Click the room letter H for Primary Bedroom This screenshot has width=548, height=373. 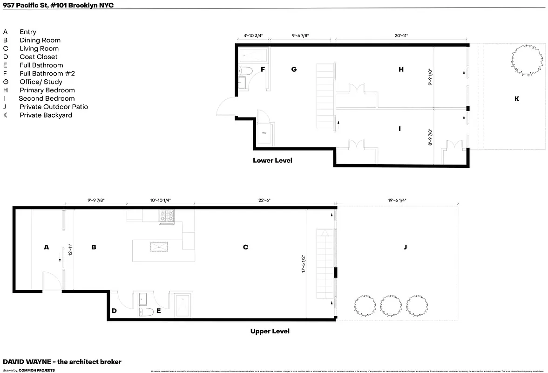401,69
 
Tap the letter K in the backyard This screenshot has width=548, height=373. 516,99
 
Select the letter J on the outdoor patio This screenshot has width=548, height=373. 405,247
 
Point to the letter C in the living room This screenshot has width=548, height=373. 245,247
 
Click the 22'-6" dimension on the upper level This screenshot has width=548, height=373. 264,200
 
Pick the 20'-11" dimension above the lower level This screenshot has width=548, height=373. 401,35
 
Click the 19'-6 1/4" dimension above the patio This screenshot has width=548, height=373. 397,200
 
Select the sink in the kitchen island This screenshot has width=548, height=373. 158,247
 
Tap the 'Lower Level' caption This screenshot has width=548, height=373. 272,160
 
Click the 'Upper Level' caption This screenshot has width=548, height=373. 270,331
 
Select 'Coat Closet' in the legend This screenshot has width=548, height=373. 38,57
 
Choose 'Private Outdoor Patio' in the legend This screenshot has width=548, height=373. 54,107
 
